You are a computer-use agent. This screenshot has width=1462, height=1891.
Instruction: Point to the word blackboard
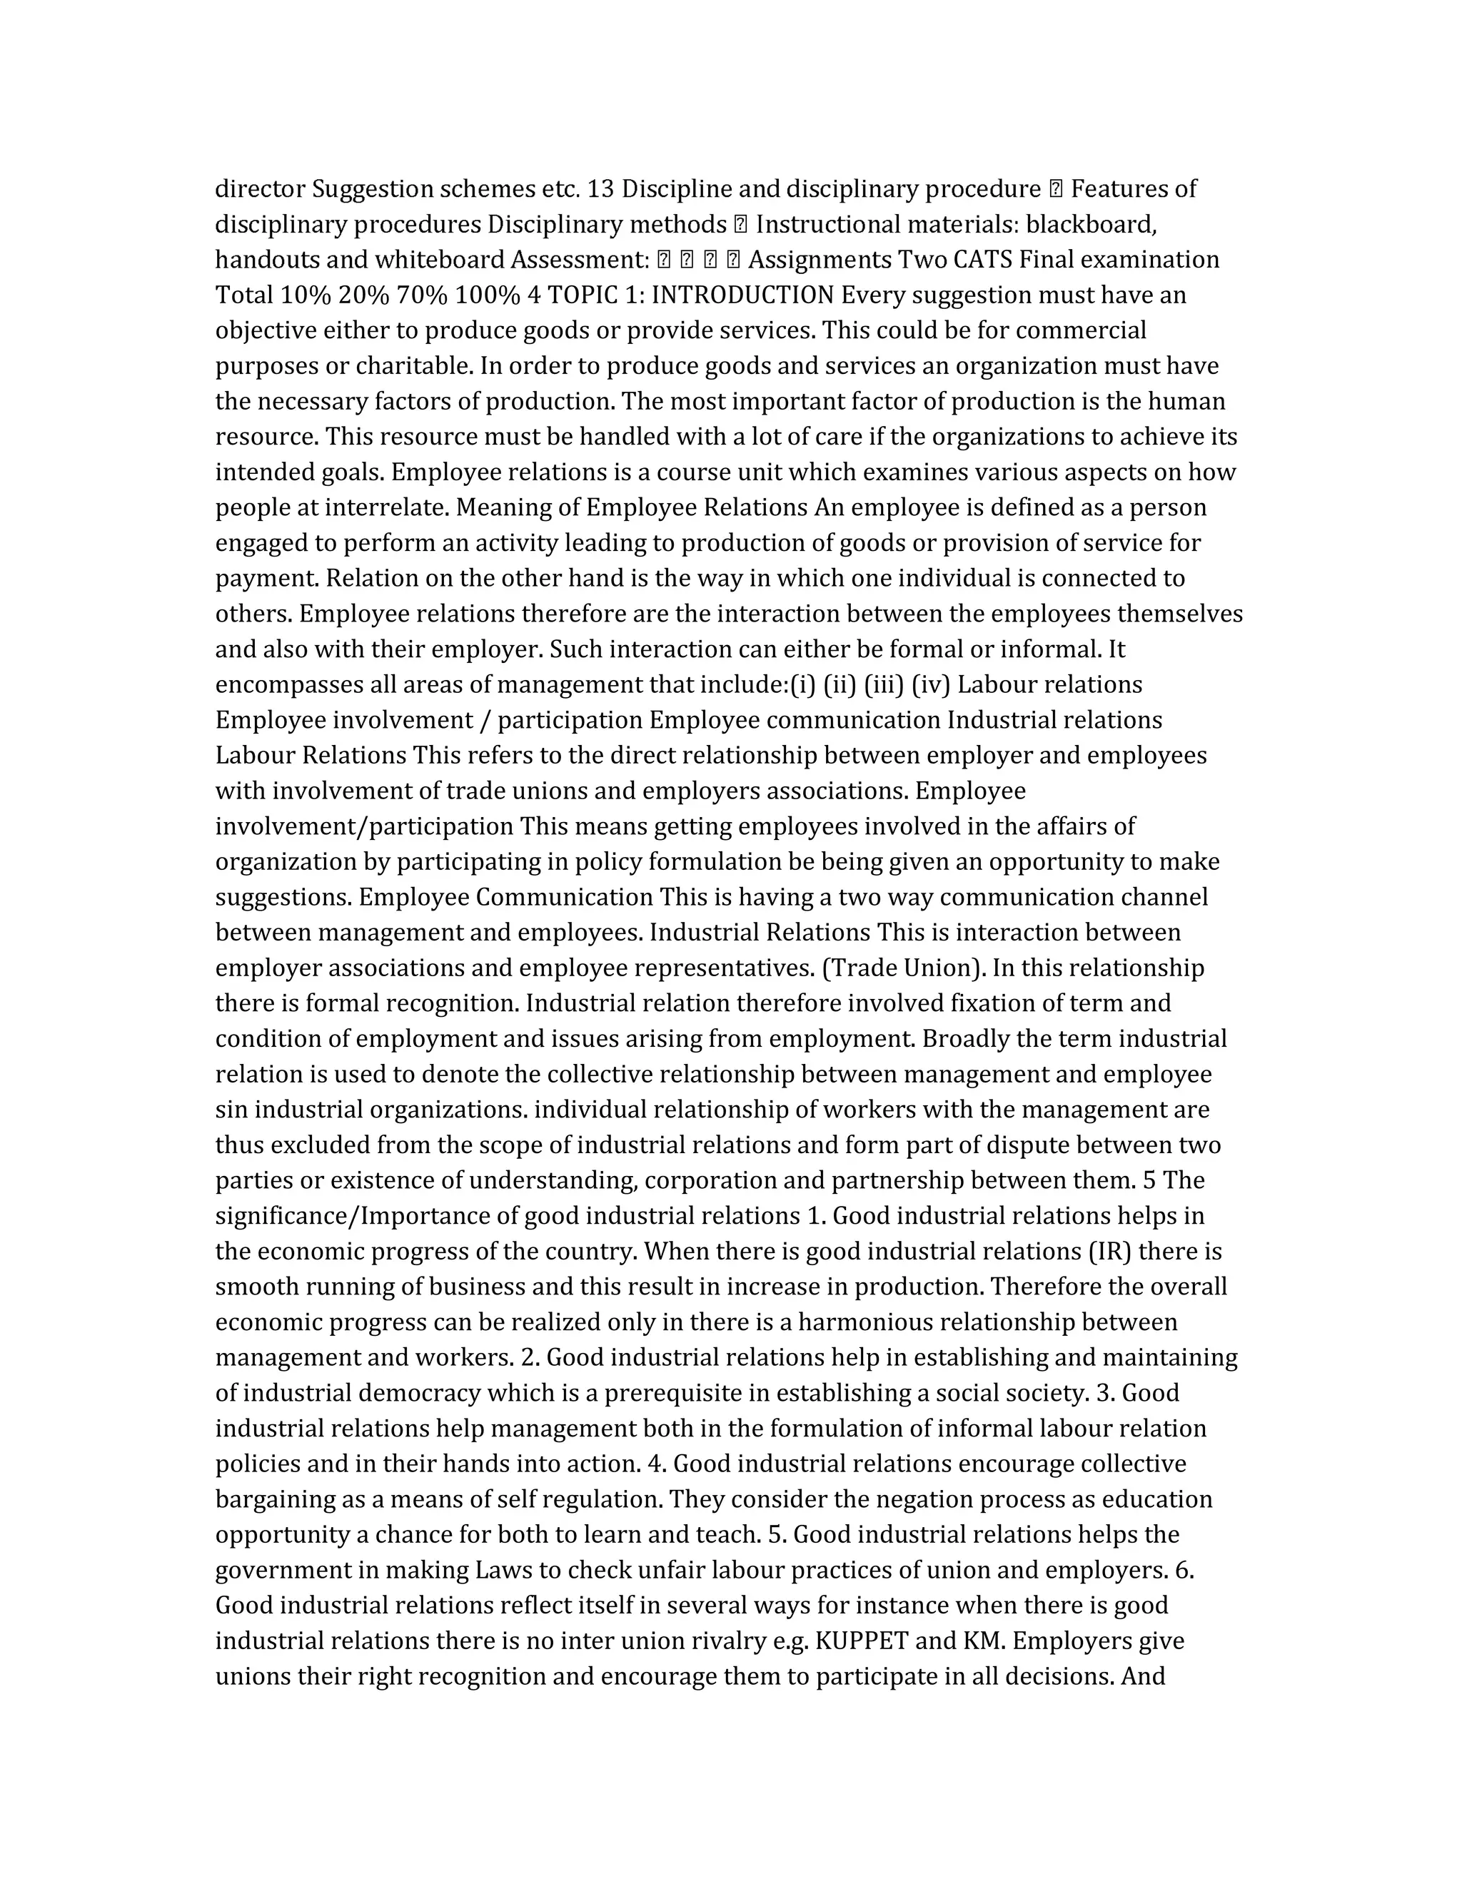(x=1092, y=224)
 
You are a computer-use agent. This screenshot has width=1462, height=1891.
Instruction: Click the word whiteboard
(x=439, y=260)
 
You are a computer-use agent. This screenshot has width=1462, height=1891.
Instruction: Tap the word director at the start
(x=260, y=189)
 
